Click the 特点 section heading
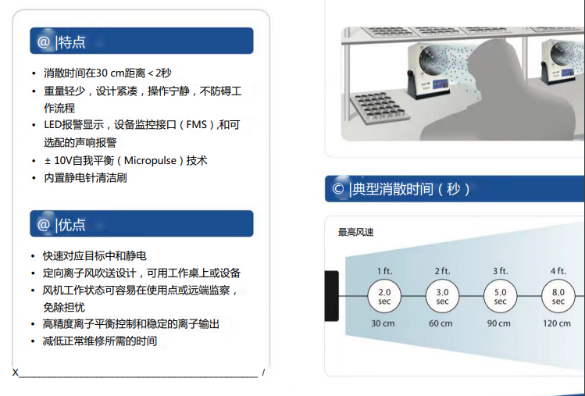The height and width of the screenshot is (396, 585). [x=72, y=41]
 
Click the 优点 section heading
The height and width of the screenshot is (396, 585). [x=72, y=224]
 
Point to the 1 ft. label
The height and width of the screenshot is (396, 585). [x=384, y=270]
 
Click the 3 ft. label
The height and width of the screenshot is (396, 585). [x=500, y=270]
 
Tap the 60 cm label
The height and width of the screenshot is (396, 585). [x=442, y=323]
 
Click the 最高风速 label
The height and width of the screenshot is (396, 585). [x=355, y=232]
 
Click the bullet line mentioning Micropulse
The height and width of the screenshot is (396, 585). [x=125, y=160]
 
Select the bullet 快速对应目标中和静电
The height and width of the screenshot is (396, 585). [x=95, y=255]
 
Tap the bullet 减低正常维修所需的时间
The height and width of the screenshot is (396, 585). [x=99, y=341]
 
